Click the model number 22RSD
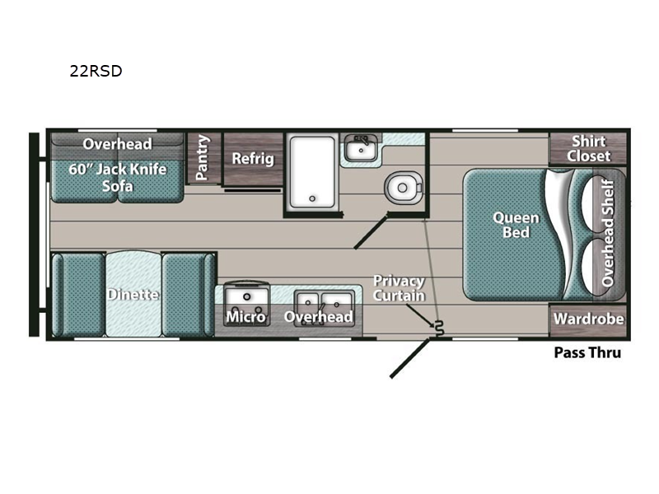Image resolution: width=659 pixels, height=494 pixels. [x=96, y=71]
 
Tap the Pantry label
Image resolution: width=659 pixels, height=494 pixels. [x=202, y=157]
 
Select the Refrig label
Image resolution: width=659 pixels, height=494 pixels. [x=253, y=159]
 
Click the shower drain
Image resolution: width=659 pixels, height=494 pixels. [x=312, y=198]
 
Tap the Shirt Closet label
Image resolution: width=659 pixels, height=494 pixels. [x=588, y=149]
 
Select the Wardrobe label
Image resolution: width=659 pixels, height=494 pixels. [x=588, y=319]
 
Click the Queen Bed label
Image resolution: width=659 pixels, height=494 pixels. [x=516, y=225]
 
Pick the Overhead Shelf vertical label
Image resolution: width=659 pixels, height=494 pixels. [x=608, y=233]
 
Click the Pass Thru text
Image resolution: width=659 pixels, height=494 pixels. [x=587, y=352]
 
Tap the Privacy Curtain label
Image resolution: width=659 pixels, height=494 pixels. [x=399, y=288]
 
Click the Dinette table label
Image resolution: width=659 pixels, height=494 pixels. [x=133, y=295]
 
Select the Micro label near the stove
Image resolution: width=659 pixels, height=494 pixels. [x=245, y=317]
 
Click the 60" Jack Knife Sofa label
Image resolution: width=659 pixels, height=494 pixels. [x=117, y=177]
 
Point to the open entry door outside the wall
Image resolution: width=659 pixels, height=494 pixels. [x=410, y=358]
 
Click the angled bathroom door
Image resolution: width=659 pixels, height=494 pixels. [x=372, y=231]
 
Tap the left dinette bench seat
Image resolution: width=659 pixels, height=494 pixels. [x=78, y=295]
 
